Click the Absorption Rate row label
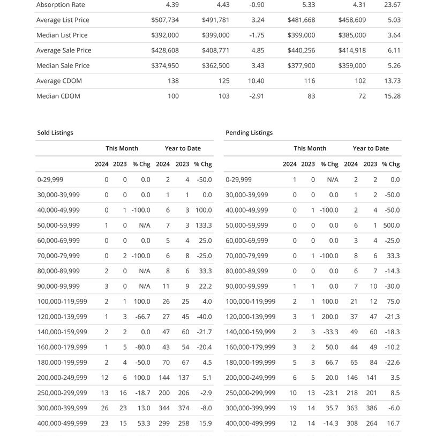[61, 5]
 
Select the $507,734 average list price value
[165, 20]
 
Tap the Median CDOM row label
[58, 96]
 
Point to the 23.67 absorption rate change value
[393, 5]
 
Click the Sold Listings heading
[55, 132]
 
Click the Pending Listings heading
[249, 132]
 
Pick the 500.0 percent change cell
[392, 225]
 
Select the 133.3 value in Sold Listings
[203, 225]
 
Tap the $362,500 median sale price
[216, 65]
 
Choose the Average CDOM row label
[59, 81]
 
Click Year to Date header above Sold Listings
[183, 148]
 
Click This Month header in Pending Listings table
[310, 148]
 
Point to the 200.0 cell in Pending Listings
[329, 317]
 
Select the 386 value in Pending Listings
[370, 408]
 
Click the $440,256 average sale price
[301, 50]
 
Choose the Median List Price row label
[62, 35]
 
